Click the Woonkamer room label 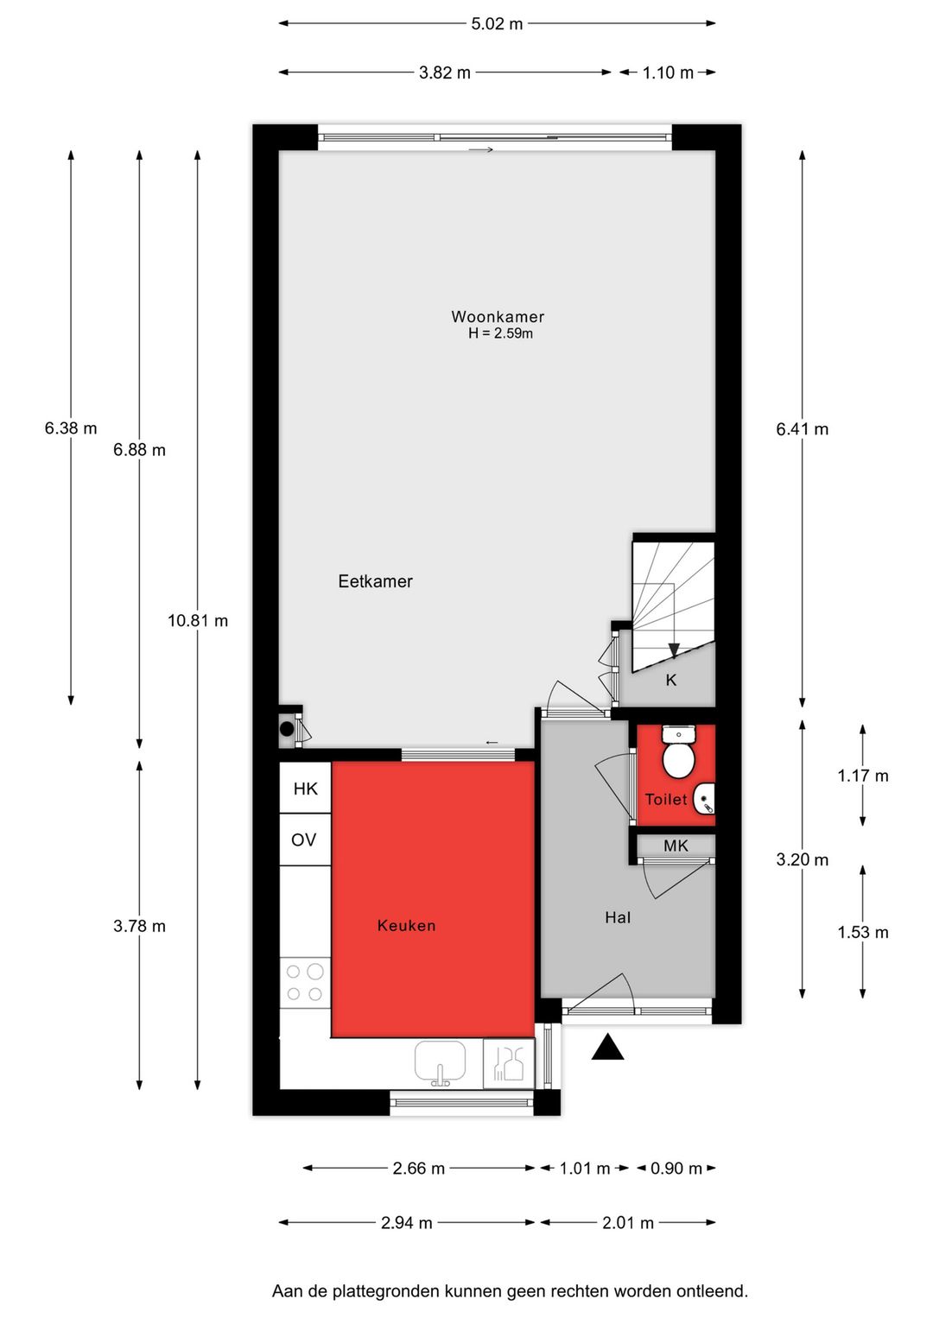tap(498, 317)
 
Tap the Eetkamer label tap(375, 581)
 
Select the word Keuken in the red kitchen tap(406, 926)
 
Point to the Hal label tap(618, 917)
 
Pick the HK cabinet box tap(305, 788)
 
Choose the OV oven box tap(304, 840)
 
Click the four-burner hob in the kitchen tap(305, 983)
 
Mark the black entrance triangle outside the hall tap(607, 1047)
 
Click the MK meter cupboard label tap(676, 846)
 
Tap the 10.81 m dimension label tap(198, 620)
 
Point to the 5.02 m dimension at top tap(497, 23)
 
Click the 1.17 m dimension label tap(862, 776)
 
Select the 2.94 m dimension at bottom tap(406, 1222)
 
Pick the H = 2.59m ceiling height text tap(500, 333)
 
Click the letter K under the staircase tap(671, 681)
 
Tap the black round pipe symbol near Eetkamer tap(287, 729)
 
